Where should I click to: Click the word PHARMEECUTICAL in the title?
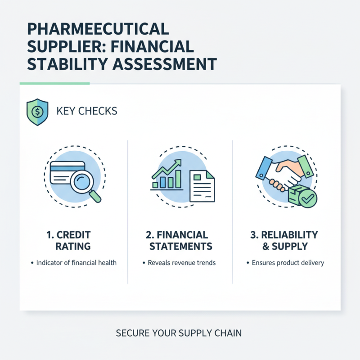[x=98, y=29]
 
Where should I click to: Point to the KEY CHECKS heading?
[x=87, y=110]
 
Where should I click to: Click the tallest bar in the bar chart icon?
[x=178, y=179]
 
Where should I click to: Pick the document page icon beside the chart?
[x=202, y=185]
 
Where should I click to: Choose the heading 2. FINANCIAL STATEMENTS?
[x=180, y=240]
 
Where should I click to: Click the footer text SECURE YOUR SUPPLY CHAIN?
[x=179, y=333]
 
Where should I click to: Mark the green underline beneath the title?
[x=54, y=83]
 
